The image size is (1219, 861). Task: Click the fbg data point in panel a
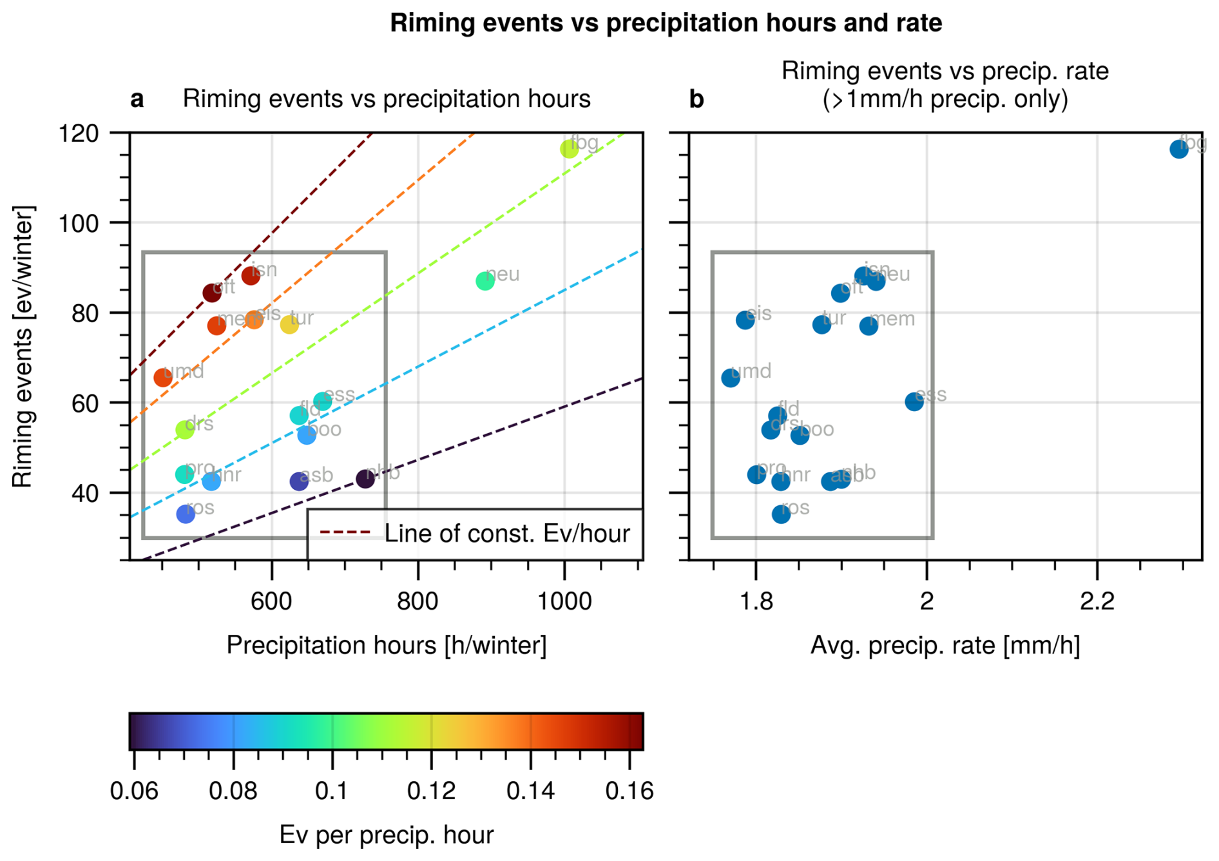(x=569, y=149)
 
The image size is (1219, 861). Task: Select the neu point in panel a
(x=485, y=281)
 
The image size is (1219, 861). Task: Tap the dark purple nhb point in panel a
(x=365, y=479)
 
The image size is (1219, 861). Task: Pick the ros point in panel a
(x=186, y=514)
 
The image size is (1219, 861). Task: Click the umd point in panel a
(x=163, y=378)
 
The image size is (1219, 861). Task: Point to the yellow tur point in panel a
(x=289, y=325)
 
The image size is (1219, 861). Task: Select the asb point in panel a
(x=299, y=481)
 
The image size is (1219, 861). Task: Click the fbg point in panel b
(x=1179, y=150)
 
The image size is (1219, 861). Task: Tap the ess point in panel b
(x=914, y=402)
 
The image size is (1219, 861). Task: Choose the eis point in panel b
(x=745, y=320)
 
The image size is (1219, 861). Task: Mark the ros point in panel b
(x=781, y=514)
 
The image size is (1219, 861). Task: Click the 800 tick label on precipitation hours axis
(x=418, y=601)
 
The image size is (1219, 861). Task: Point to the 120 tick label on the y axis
(x=79, y=134)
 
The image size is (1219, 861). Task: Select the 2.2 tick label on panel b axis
(x=1097, y=601)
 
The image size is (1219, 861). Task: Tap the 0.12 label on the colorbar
(x=431, y=791)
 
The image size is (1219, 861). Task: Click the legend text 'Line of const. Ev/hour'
(x=506, y=534)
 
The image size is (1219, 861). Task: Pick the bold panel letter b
(x=696, y=100)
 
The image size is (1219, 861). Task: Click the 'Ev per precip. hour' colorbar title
(x=386, y=835)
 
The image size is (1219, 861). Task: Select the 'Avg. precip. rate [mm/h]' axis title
(x=945, y=645)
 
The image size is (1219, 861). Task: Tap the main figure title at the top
(x=666, y=23)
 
